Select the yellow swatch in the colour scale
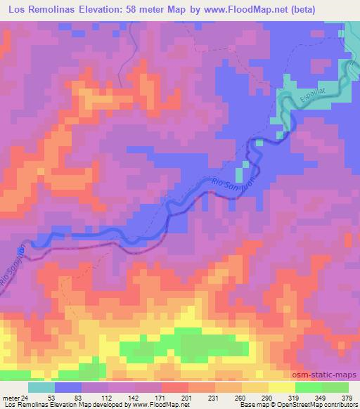[281, 387]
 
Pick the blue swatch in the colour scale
[68, 387]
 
